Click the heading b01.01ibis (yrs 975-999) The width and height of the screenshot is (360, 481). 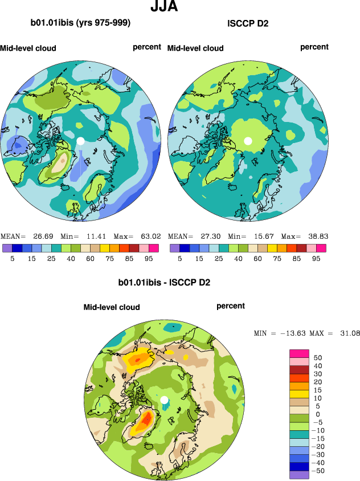(81, 23)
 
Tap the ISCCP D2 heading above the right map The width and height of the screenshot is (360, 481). (248, 24)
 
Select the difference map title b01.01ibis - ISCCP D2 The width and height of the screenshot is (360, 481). (164, 282)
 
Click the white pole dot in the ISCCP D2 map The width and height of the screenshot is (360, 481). (248, 140)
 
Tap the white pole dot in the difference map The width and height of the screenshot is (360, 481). (164, 400)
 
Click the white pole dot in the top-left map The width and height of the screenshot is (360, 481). (80, 140)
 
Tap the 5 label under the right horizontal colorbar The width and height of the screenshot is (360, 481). (180, 258)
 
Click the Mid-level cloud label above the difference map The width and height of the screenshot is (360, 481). (112, 307)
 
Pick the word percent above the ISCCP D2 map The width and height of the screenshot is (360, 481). (314, 47)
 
